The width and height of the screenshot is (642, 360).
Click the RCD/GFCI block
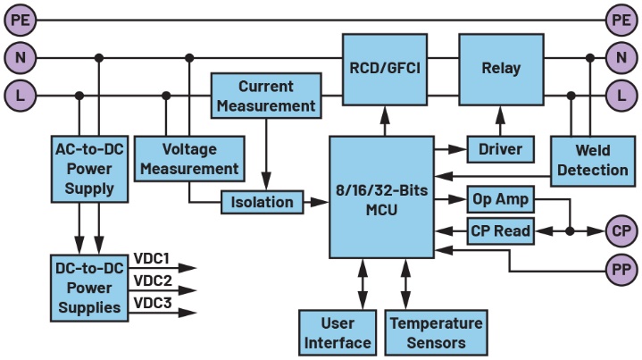[386, 68]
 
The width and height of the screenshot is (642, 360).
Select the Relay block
[500, 68]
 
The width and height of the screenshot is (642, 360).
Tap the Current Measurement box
[265, 96]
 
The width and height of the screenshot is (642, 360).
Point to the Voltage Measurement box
[202, 157]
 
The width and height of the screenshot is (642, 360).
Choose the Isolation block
[262, 203]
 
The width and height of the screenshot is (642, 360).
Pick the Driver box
[500, 148]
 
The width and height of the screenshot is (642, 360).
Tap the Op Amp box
[500, 199]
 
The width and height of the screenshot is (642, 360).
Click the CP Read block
[500, 231]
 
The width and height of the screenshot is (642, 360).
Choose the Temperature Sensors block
[435, 331]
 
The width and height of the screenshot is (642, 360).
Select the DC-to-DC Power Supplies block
[89, 287]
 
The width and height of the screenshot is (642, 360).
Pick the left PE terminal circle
[19, 19]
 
